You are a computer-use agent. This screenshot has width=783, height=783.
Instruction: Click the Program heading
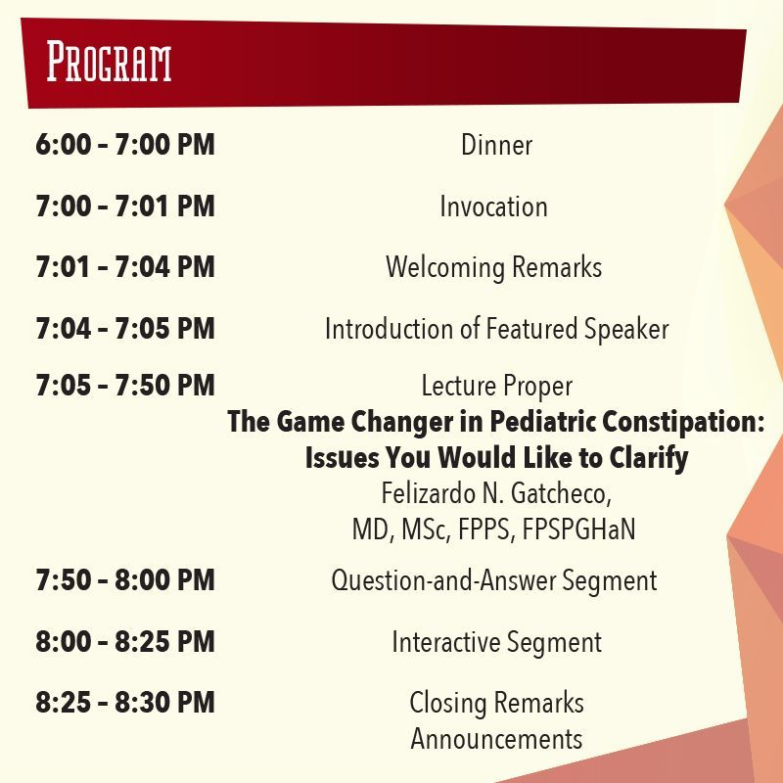[109, 62]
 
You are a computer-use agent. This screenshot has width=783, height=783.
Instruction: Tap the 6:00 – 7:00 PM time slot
[125, 144]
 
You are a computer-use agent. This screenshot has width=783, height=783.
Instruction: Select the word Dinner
[496, 145]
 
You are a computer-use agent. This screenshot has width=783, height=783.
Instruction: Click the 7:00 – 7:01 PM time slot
[125, 206]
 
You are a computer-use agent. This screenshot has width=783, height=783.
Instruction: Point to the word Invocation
[493, 207]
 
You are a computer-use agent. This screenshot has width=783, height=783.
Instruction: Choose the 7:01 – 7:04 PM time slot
[125, 266]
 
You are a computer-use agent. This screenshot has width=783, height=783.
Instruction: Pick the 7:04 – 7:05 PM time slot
[125, 328]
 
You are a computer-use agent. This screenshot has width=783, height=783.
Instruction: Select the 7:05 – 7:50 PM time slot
[125, 385]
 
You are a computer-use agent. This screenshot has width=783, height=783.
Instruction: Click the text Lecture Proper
[497, 386]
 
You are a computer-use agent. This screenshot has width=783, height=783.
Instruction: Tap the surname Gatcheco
[561, 493]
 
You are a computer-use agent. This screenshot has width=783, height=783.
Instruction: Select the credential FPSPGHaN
[578, 530]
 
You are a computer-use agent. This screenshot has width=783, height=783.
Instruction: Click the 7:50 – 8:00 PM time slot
[125, 579]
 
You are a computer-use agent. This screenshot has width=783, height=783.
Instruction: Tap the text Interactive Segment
[497, 642]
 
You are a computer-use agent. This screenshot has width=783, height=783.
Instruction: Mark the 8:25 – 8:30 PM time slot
[125, 702]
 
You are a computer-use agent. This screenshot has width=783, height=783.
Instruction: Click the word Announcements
[496, 739]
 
